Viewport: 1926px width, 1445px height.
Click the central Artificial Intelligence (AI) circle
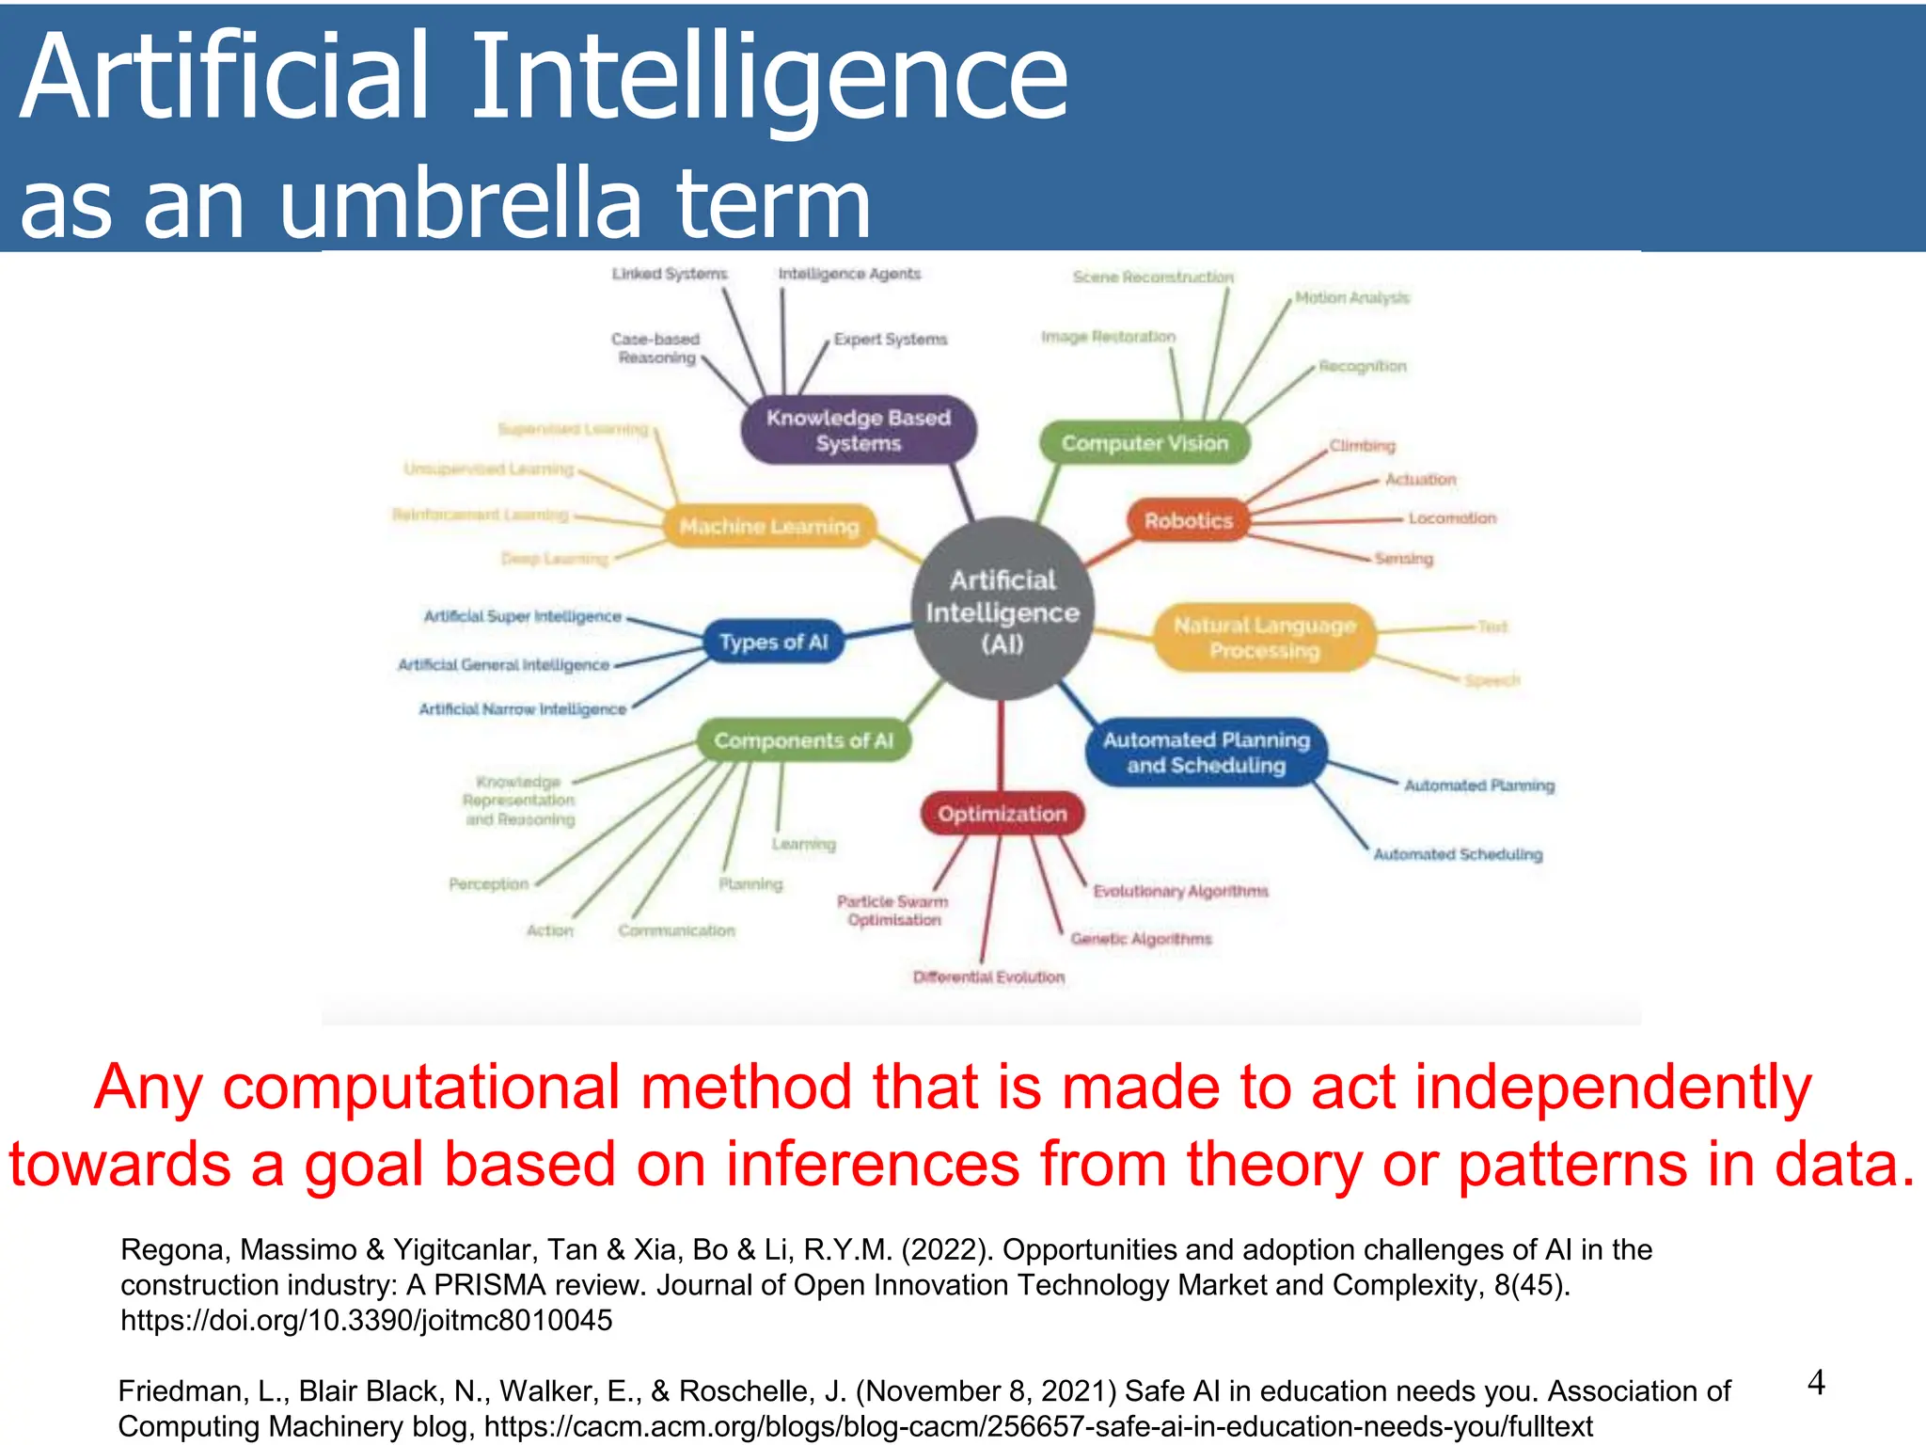pyautogui.click(x=1002, y=610)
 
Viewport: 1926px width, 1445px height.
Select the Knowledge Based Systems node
pyautogui.click(x=858, y=430)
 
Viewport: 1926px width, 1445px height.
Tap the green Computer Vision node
pyautogui.click(x=1145, y=443)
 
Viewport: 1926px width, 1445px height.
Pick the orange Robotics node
pyautogui.click(x=1189, y=520)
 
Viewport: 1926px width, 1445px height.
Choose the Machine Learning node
pyautogui.click(x=769, y=526)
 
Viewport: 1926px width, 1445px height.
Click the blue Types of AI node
pyautogui.click(x=773, y=643)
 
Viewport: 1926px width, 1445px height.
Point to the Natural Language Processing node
pyautogui.click(x=1264, y=638)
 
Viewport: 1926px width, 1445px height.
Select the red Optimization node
pyautogui.click(x=1002, y=814)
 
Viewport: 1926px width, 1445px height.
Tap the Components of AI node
pyautogui.click(x=803, y=740)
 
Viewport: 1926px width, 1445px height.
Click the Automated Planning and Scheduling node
pyautogui.click(x=1206, y=753)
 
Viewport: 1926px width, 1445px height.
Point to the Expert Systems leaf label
pyautogui.click(x=891, y=339)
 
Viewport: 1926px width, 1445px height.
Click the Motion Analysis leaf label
pyautogui.click(x=1352, y=297)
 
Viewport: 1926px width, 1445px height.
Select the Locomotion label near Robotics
pyautogui.click(x=1452, y=518)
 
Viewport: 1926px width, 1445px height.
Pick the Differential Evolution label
pyautogui.click(x=988, y=977)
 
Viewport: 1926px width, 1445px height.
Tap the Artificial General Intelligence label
pyautogui.click(x=504, y=665)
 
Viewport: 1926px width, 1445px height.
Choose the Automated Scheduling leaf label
pyautogui.click(x=1458, y=854)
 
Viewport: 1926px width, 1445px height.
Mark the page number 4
pyautogui.click(x=1816, y=1383)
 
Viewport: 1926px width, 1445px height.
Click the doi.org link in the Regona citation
pyautogui.click(x=367, y=1320)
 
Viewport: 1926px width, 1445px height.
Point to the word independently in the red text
pyautogui.click(x=1613, y=1088)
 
